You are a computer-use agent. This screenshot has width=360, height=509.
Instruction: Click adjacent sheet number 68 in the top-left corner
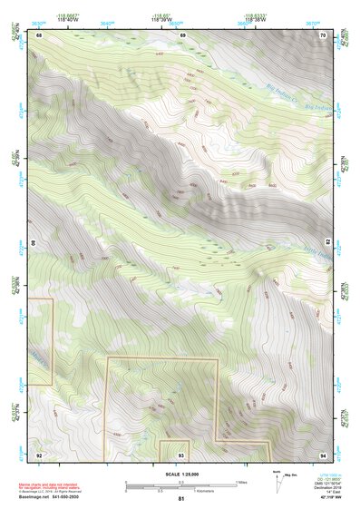click(40, 34)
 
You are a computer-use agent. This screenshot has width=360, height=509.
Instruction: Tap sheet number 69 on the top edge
click(182, 34)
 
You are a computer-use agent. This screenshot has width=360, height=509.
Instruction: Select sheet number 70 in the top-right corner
click(324, 34)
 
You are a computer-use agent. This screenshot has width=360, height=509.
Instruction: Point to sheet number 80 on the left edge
click(36, 244)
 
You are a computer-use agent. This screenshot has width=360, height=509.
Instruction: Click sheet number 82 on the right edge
click(328, 244)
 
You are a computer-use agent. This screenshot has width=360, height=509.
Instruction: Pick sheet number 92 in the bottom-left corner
click(40, 454)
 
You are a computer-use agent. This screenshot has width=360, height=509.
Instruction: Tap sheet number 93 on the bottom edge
click(182, 454)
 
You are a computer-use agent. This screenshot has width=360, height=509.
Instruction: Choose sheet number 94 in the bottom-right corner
click(324, 454)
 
